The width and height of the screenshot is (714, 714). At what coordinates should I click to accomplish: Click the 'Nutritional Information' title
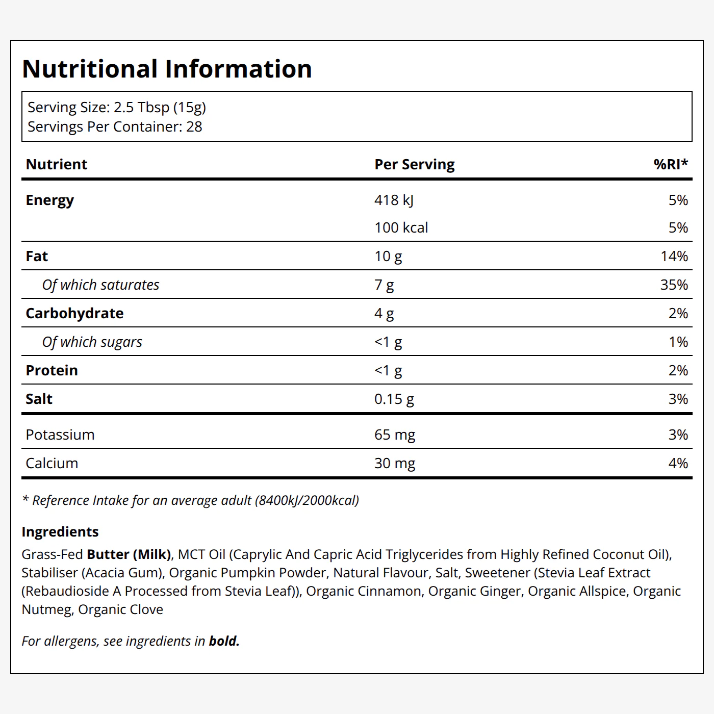tap(167, 69)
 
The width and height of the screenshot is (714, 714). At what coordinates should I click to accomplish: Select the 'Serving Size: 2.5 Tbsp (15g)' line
tap(117, 108)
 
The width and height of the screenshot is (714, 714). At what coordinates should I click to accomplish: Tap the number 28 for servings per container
tap(194, 126)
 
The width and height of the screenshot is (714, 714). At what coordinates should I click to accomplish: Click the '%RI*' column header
tap(671, 164)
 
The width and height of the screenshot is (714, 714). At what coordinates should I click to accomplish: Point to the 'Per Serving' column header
tap(414, 165)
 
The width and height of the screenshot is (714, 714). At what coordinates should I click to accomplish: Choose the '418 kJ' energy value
tap(394, 200)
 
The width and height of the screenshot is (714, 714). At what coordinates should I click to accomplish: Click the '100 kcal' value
tap(401, 227)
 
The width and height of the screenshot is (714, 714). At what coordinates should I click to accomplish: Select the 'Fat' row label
tap(37, 256)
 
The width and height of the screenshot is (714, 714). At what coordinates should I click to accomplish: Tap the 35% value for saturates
tap(674, 285)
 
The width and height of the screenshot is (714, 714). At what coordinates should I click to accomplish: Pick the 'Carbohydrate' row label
tap(74, 314)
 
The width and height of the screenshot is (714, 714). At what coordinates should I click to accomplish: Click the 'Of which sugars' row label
tap(92, 342)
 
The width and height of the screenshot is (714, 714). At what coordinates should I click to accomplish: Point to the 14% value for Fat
tap(674, 256)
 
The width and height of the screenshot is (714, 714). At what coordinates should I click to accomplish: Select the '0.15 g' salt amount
tap(394, 399)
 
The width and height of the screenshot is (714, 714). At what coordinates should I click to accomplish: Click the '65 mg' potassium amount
tap(395, 435)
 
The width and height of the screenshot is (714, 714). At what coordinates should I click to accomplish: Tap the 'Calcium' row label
tap(52, 463)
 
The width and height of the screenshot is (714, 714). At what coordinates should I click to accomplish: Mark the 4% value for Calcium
tap(678, 463)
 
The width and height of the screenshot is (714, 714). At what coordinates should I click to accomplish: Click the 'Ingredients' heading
tap(60, 532)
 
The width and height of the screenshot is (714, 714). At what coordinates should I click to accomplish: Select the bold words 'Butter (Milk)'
tap(129, 554)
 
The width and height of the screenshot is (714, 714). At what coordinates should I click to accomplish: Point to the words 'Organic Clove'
tap(120, 609)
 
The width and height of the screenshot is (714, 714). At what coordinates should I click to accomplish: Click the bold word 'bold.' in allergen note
tap(224, 641)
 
